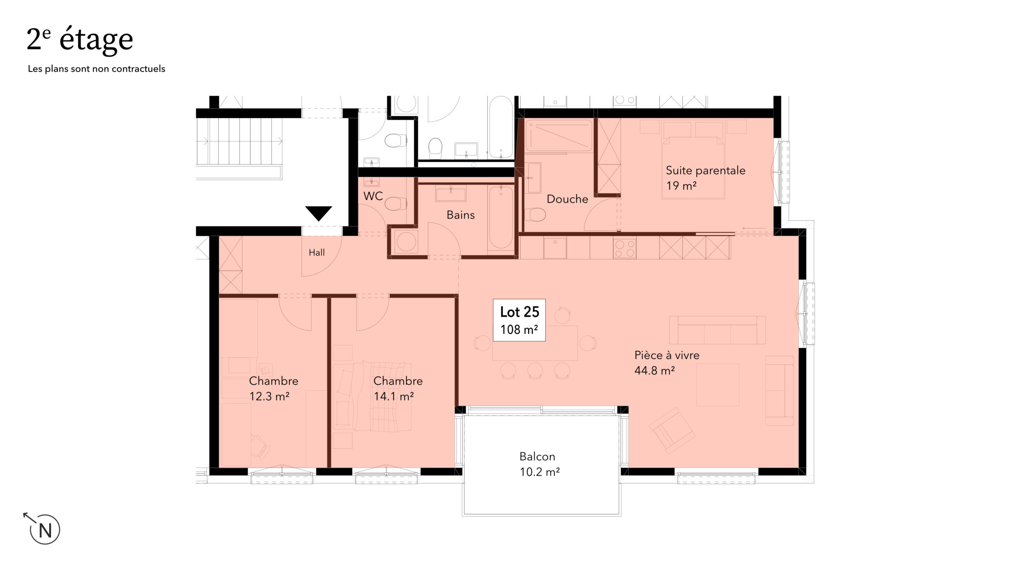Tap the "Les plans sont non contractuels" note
[x=96, y=69]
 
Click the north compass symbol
[x=43, y=528]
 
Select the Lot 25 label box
[x=519, y=320]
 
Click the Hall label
[x=317, y=252]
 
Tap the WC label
[x=373, y=196]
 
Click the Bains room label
[x=460, y=215]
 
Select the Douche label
[x=567, y=199]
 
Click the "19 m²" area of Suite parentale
[x=682, y=186]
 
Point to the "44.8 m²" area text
[x=655, y=370]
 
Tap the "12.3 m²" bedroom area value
[x=269, y=396]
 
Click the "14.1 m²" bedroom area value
[x=394, y=396]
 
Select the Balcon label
[x=537, y=457]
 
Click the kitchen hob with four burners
[x=624, y=248]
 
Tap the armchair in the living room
[x=672, y=431]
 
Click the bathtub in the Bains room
[x=501, y=218]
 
